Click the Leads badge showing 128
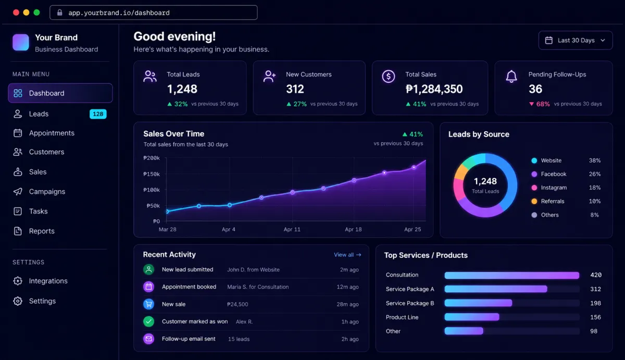[x=98, y=114]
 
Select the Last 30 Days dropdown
[x=576, y=41]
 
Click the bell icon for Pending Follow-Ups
[x=511, y=76]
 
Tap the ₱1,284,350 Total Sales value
[x=434, y=89]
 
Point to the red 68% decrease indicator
[x=540, y=104]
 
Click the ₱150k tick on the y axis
[x=152, y=174]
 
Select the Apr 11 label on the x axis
[x=292, y=229]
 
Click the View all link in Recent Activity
[x=347, y=255]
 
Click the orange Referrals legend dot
[x=534, y=201]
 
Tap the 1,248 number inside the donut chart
[x=485, y=181]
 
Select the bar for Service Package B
[x=478, y=303]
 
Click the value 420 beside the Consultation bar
[x=596, y=275]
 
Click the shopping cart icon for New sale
[x=149, y=304]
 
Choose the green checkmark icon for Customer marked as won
[x=149, y=321]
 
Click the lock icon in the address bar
[x=60, y=13]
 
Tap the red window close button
[x=16, y=13]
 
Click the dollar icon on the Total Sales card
[x=389, y=76]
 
